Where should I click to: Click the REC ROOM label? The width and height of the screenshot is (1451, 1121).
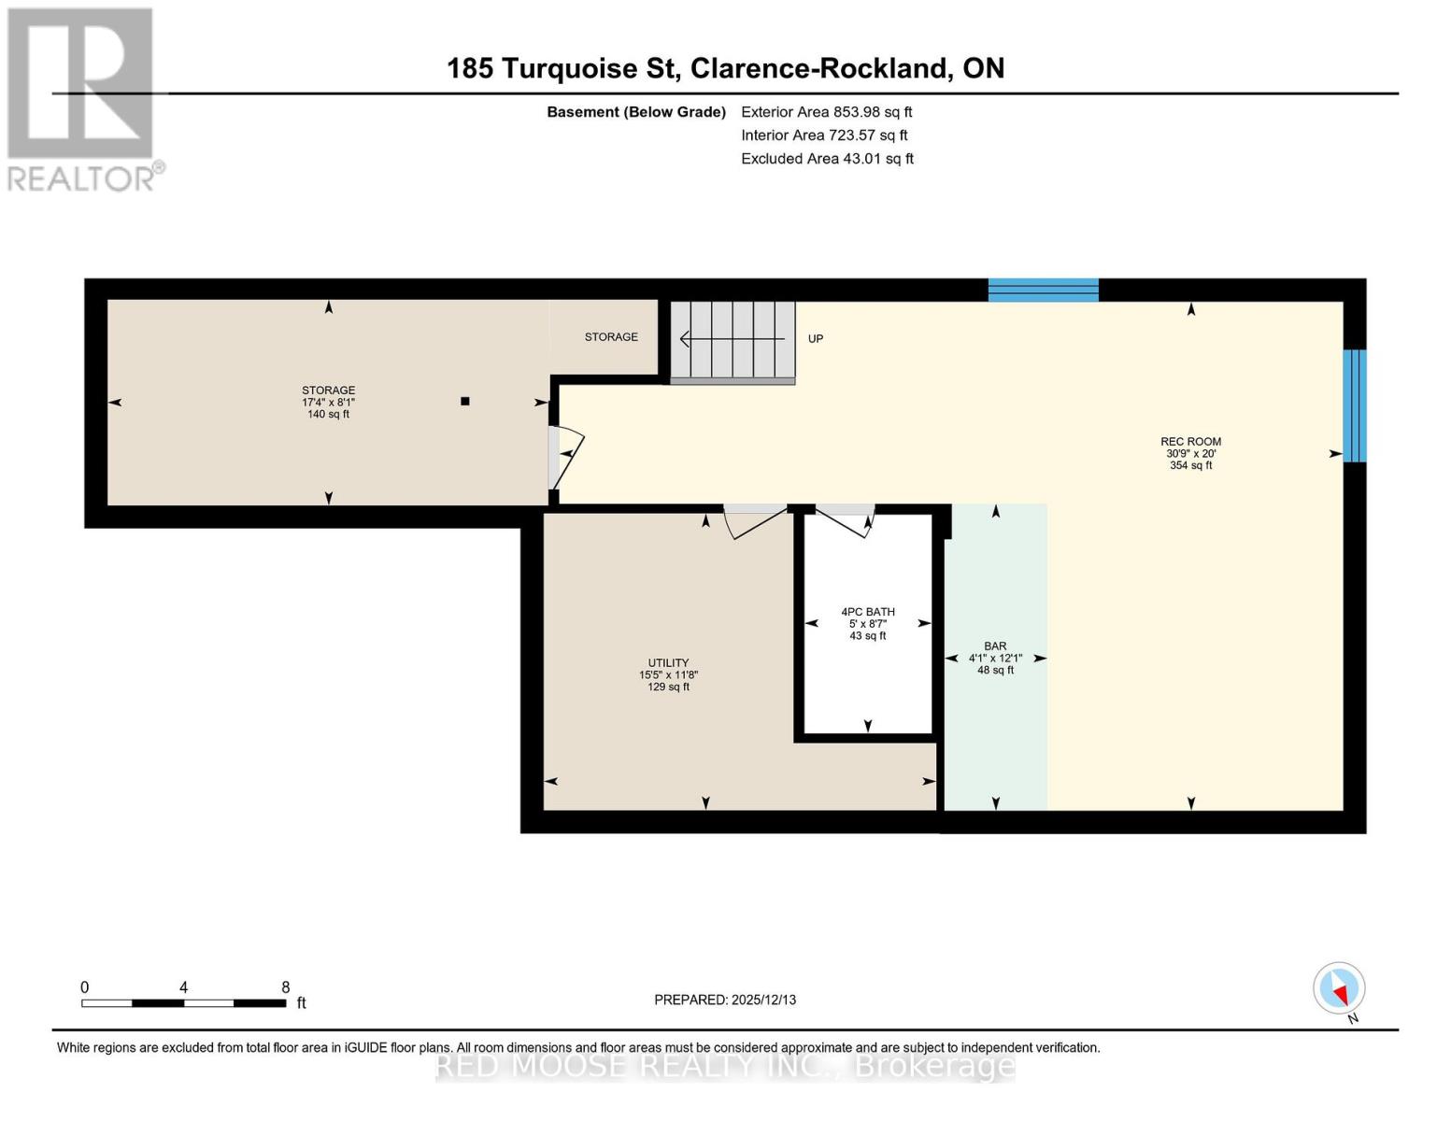click(1190, 442)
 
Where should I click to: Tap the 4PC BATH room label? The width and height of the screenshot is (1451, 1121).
click(867, 612)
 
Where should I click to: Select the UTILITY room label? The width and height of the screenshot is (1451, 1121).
click(668, 663)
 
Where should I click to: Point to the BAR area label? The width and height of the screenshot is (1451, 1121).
click(995, 646)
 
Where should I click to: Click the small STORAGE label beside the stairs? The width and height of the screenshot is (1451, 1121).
click(611, 337)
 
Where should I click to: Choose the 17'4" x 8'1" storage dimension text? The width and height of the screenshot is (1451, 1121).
click(328, 403)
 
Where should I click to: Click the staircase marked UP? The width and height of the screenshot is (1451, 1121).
click(733, 341)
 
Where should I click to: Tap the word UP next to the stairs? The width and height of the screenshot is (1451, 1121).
click(816, 339)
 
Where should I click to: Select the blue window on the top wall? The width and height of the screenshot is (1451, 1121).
click(1043, 290)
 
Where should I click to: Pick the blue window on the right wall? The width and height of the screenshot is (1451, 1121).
click(1354, 405)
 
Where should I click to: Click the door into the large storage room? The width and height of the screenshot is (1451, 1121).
click(564, 458)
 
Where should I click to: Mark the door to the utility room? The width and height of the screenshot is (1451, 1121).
click(756, 521)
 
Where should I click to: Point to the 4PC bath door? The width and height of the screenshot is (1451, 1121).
click(845, 520)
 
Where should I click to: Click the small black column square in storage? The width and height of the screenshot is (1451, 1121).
click(464, 402)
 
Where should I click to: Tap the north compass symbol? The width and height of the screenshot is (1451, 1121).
click(1339, 988)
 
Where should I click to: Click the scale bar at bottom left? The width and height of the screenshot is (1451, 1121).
click(183, 1002)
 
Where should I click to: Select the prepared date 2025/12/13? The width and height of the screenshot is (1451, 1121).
click(725, 1000)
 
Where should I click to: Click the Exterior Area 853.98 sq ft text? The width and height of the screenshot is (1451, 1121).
click(826, 112)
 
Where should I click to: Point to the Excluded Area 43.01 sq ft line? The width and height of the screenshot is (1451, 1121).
click(827, 159)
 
